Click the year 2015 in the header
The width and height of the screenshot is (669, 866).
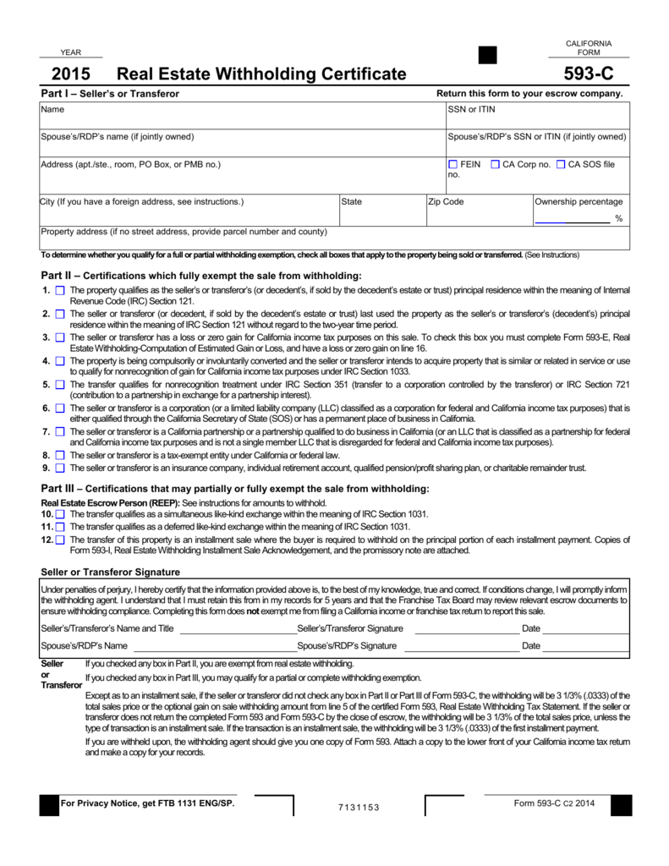click(x=71, y=74)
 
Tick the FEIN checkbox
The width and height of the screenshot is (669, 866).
click(x=452, y=164)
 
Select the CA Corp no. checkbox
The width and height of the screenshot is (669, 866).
click(x=495, y=164)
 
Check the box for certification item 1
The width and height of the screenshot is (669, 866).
click(x=60, y=290)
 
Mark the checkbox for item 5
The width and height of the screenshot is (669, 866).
click(x=60, y=385)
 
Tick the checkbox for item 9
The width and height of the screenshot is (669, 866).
click(x=60, y=467)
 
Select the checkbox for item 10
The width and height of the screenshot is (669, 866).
click(x=60, y=513)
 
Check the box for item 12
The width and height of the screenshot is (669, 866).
click(x=60, y=538)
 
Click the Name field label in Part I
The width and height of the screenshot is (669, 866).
click(x=52, y=110)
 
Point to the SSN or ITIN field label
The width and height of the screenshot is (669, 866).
click(x=471, y=110)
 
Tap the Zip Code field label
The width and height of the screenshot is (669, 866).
click(x=447, y=202)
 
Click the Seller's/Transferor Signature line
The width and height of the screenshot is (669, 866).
click(x=466, y=628)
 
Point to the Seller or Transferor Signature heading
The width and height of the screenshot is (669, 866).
click(x=111, y=572)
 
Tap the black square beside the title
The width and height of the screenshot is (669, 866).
click(x=488, y=55)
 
